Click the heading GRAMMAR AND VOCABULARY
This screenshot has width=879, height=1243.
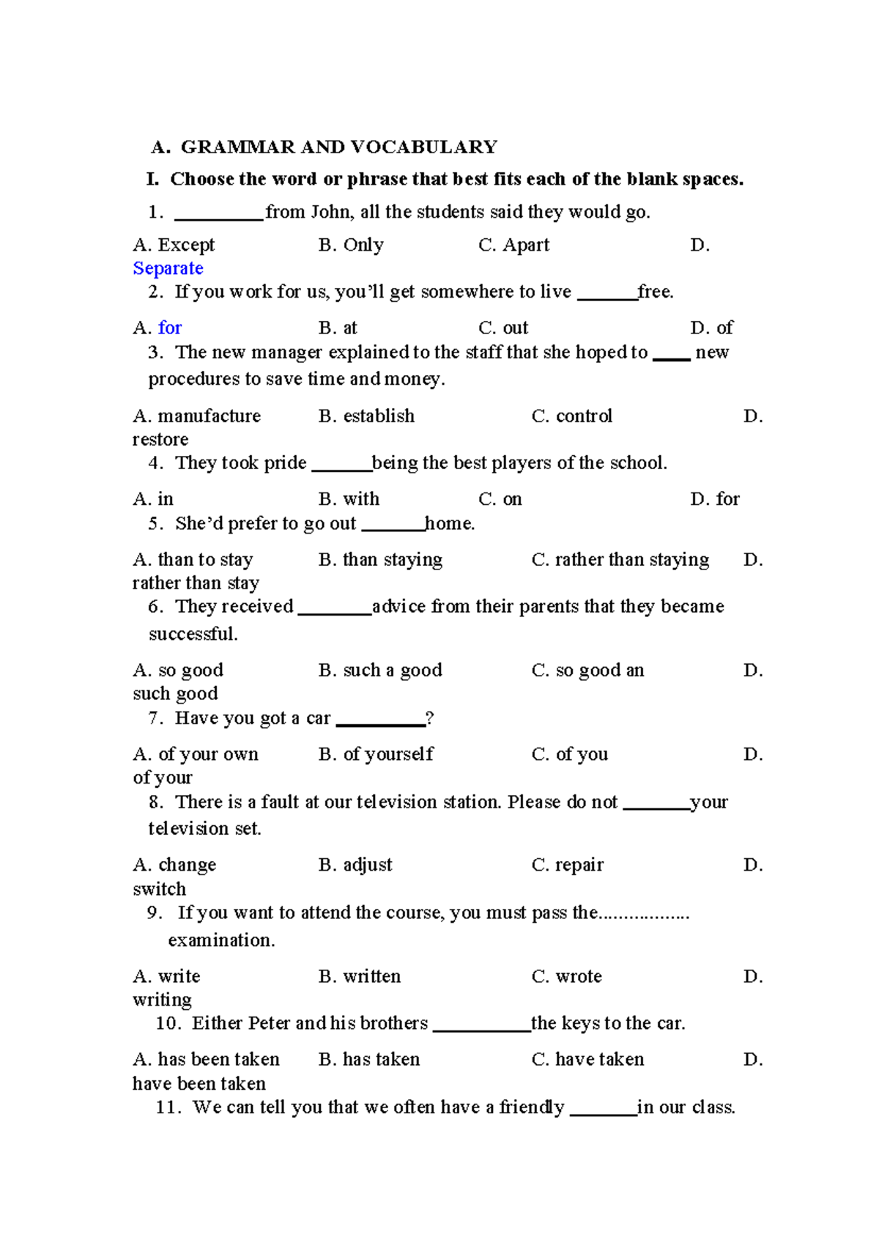(338, 147)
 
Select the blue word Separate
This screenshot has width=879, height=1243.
(168, 268)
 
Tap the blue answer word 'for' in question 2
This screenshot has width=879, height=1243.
(170, 328)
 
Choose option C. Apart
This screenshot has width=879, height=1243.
(513, 245)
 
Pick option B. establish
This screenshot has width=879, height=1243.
(366, 416)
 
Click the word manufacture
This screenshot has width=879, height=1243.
(209, 416)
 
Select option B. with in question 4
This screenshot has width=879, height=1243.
(349, 499)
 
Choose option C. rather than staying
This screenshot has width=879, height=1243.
(620, 560)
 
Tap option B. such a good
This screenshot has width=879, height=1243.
(380, 670)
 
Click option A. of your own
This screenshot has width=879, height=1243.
(196, 754)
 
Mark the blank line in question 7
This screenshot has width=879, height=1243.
(380, 723)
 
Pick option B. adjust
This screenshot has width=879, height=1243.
(355, 865)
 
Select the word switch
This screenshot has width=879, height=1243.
(159, 889)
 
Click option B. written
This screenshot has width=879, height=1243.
(360, 976)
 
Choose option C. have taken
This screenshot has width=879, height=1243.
(588, 1059)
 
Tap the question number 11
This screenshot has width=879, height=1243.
(168, 1107)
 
